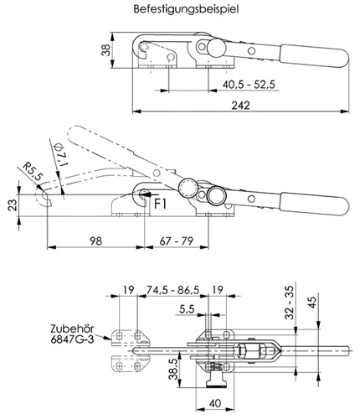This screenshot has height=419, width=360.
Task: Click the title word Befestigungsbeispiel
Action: coord(186,8)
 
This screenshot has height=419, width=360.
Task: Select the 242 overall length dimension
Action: coord(241,106)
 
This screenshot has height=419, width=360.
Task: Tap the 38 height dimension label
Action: coord(106,49)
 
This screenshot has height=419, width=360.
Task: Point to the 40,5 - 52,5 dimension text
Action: coord(249,84)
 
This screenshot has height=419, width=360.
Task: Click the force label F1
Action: coord(161,204)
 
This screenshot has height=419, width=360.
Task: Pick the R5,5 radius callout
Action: coord(33,171)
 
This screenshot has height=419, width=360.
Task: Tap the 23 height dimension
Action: coord(12,204)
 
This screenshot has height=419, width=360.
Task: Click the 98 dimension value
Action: coord(96,241)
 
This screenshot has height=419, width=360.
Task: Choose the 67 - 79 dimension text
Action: coord(177,241)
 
